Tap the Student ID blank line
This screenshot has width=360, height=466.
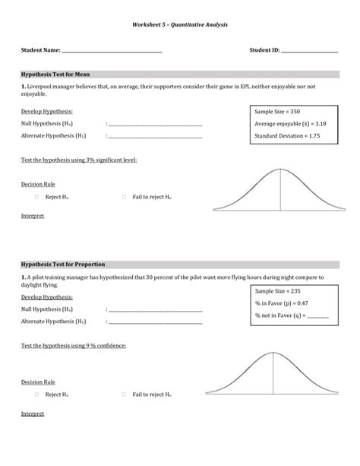point(309,52)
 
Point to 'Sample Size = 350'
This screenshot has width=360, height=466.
point(277,111)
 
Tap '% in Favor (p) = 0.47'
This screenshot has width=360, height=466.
point(281,303)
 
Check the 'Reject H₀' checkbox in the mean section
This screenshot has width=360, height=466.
point(36,196)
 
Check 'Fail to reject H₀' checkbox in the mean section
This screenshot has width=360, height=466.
point(123,196)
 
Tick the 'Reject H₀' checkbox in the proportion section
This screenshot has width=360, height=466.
point(36,395)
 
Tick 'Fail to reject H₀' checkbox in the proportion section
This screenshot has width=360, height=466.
point(123,395)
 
